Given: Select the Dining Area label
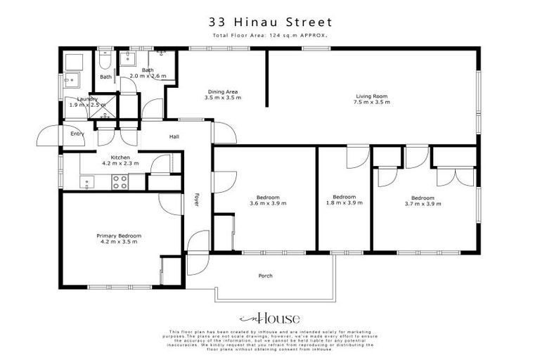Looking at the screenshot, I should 223,91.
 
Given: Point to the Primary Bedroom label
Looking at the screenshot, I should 120,236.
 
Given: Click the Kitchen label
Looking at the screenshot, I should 120,157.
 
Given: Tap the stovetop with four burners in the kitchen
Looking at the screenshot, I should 120,182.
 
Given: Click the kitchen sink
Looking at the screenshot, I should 88,183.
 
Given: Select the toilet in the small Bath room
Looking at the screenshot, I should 105,61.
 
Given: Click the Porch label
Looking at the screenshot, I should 266,276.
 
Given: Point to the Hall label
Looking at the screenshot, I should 175,137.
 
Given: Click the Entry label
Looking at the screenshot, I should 76,134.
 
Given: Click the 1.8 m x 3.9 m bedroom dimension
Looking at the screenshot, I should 344,203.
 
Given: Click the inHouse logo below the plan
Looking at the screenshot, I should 270,317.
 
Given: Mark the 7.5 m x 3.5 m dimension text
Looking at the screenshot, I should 371,102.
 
